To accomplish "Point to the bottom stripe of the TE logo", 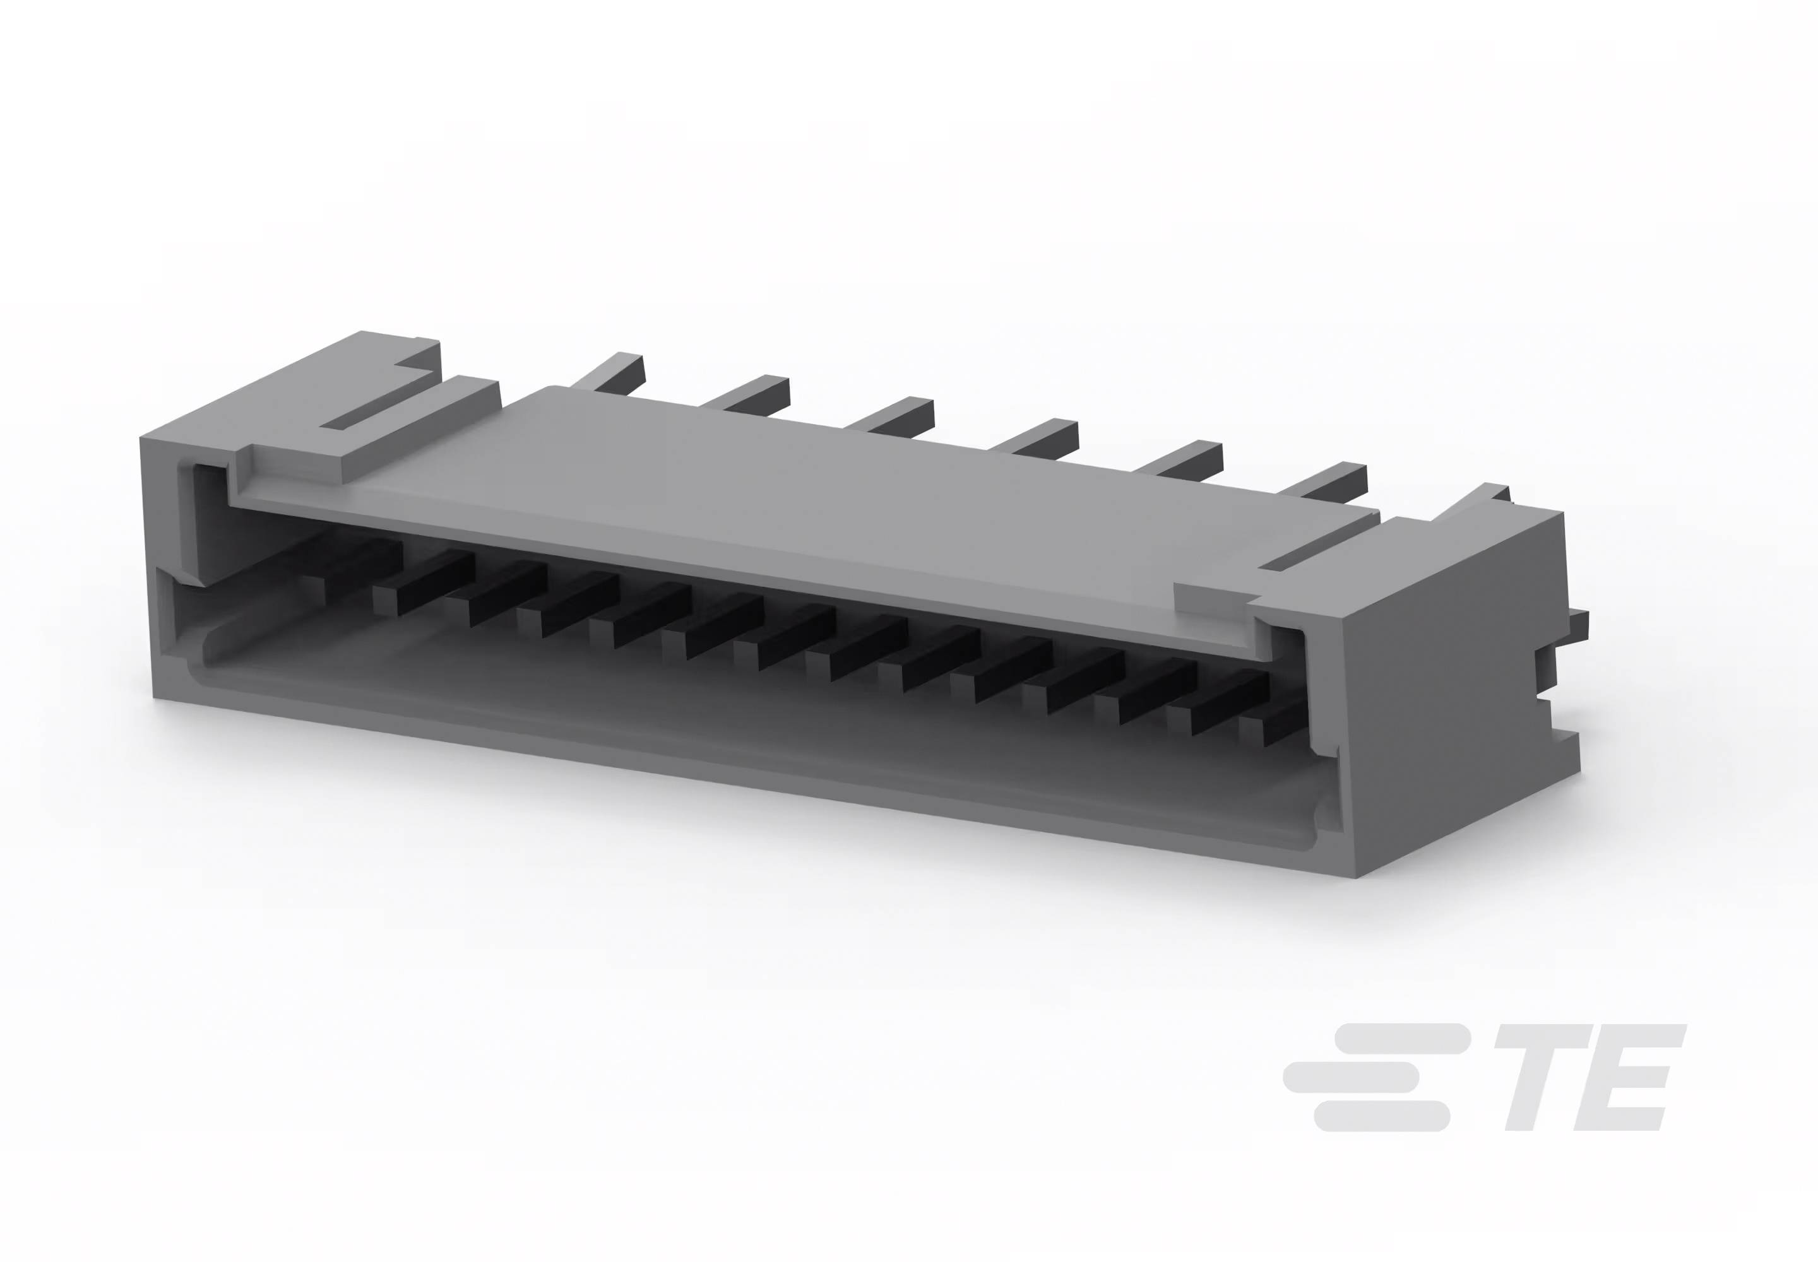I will [1381, 1115].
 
